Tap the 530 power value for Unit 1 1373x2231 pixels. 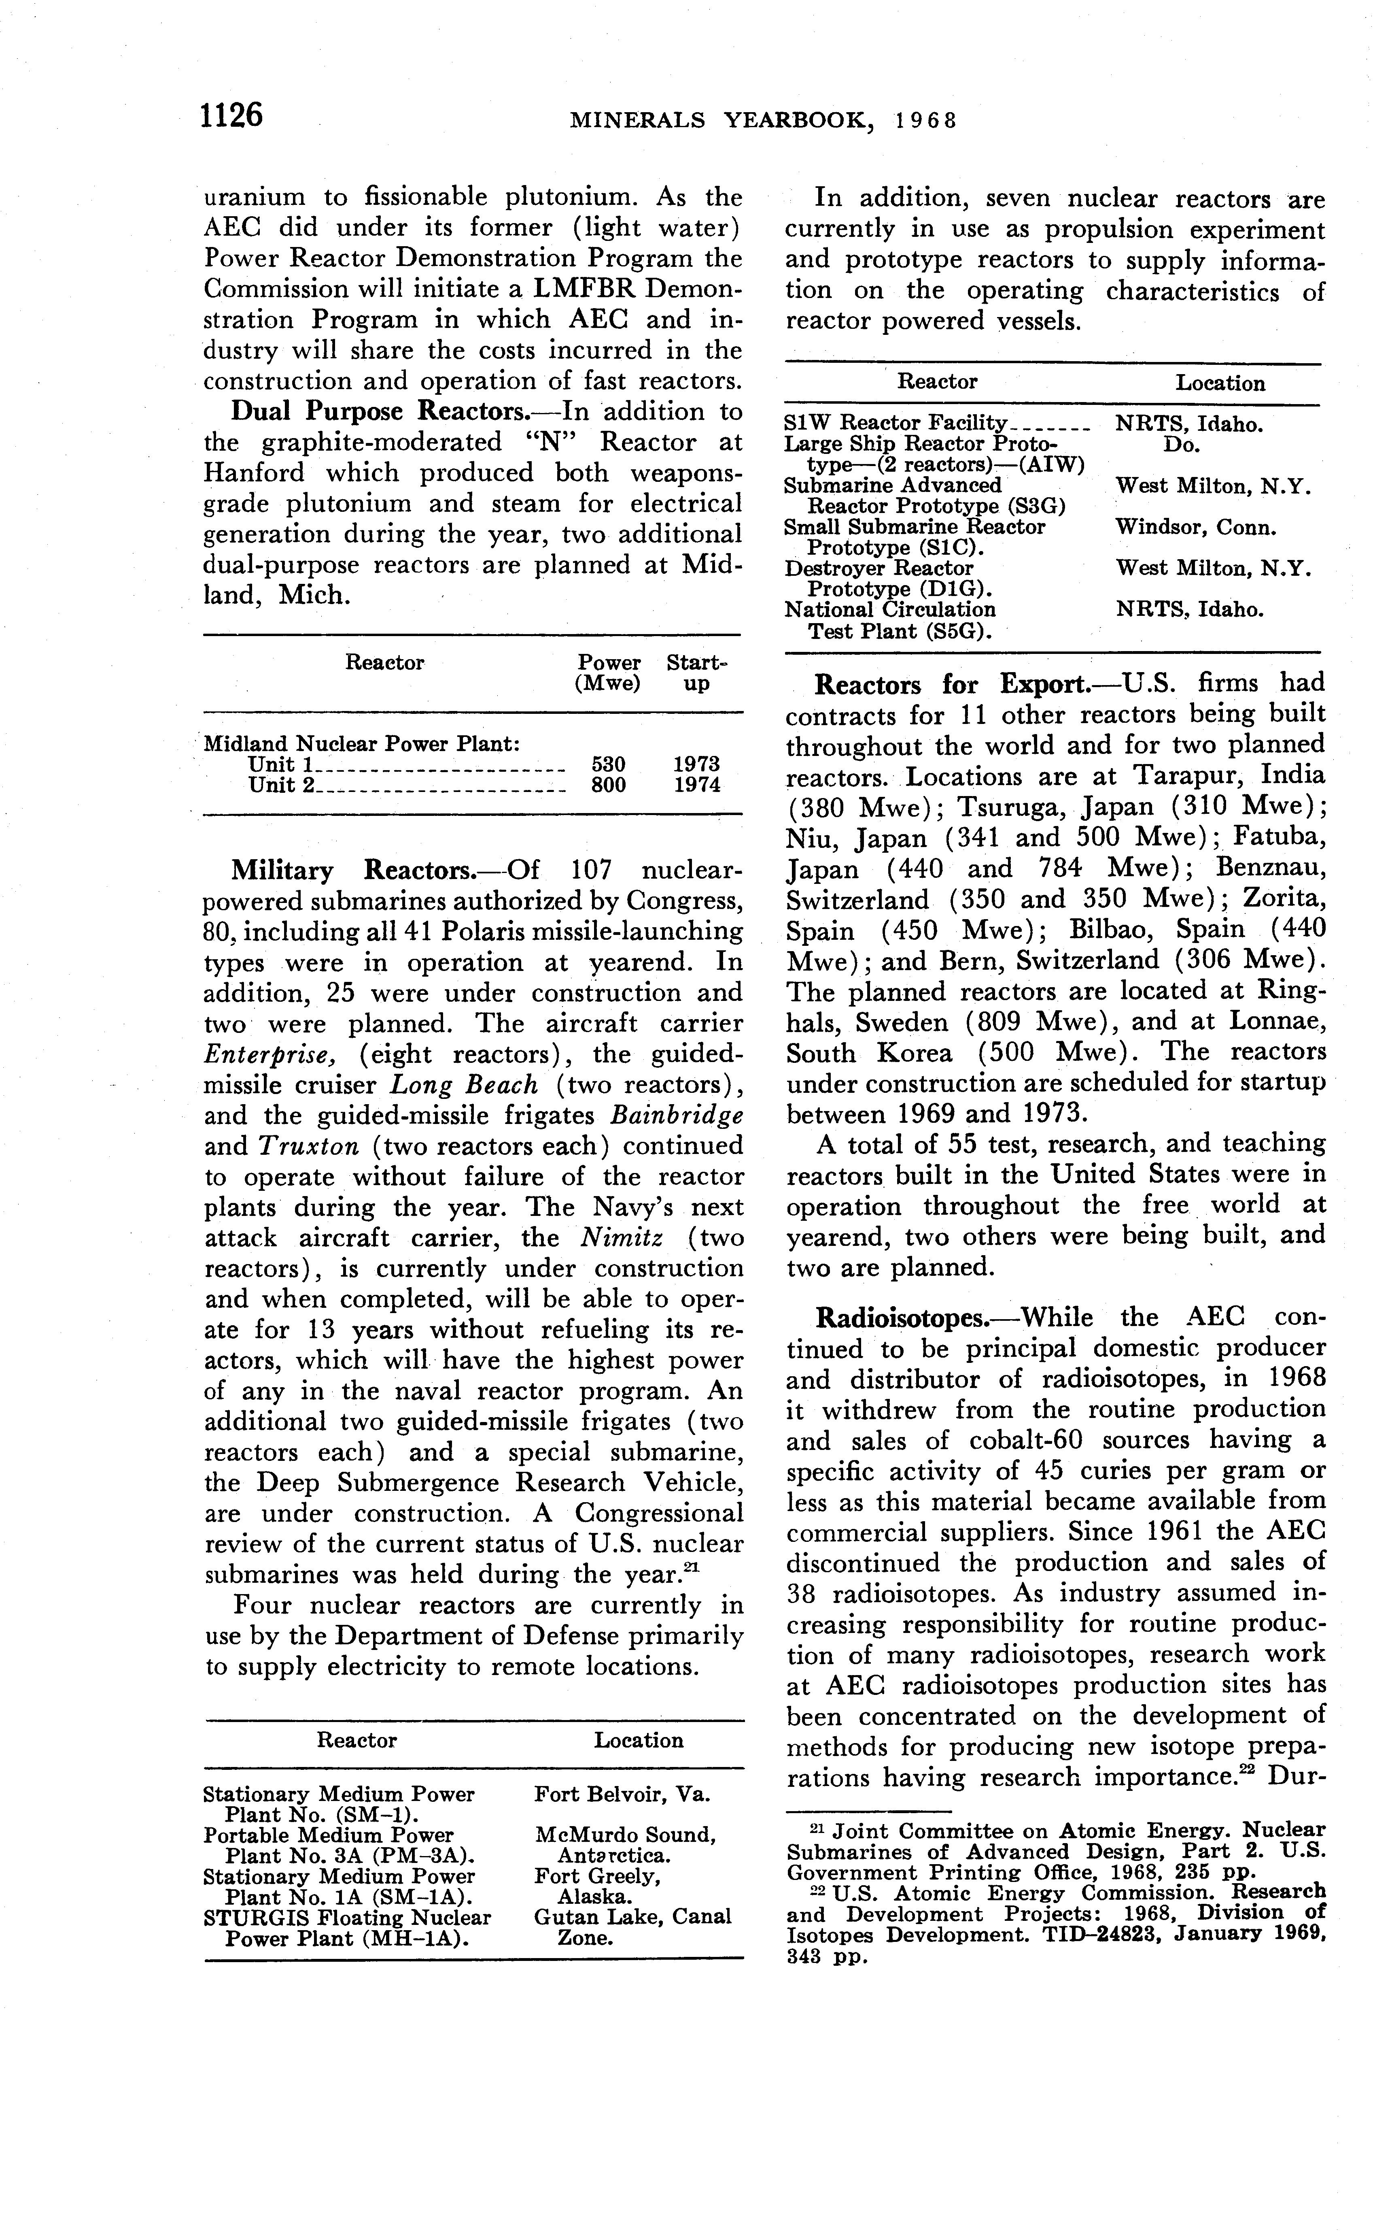(x=609, y=764)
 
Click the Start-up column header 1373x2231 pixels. (x=696, y=673)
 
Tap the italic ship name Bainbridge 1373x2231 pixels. (x=677, y=1115)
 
